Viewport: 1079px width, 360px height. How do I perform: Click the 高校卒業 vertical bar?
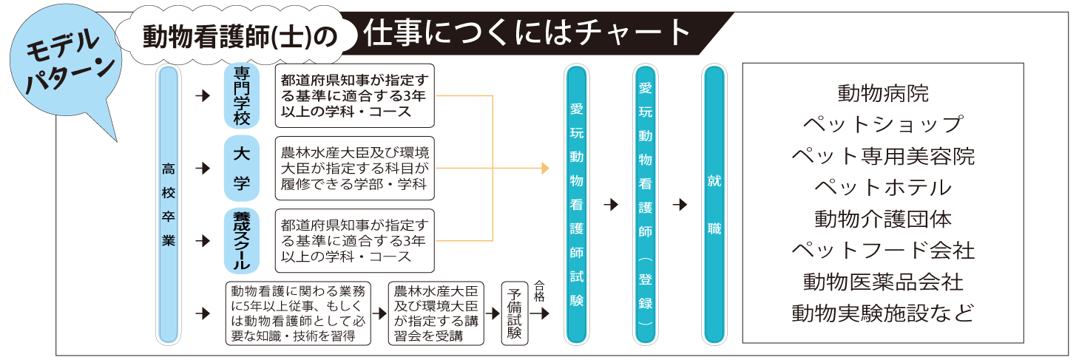[x=169, y=205]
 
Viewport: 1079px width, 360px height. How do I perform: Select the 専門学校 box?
[x=242, y=95]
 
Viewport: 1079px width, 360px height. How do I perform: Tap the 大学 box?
[x=242, y=169]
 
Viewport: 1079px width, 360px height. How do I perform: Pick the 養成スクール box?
[x=242, y=241]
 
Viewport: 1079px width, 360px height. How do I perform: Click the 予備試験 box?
[x=513, y=313]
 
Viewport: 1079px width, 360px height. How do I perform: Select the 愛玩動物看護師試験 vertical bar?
[x=577, y=205]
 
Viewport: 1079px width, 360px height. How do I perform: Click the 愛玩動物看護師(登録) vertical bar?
[x=645, y=205]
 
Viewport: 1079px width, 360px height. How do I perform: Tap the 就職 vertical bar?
[x=714, y=205]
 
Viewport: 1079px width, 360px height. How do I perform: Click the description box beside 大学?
[x=354, y=169]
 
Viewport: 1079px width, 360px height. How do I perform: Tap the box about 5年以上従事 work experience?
[x=299, y=313]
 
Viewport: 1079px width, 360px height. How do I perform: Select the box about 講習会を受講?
[x=436, y=313]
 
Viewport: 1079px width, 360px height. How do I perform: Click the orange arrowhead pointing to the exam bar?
[x=545, y=169]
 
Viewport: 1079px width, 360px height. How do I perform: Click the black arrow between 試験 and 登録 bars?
[x=610, y=205]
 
